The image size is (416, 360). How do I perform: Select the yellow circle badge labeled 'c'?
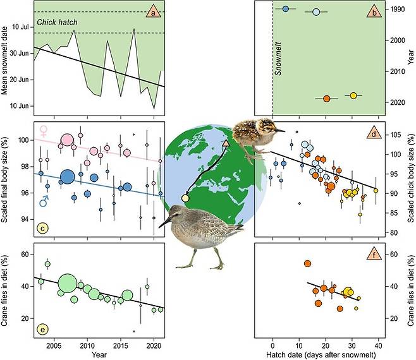(x=44, y=229)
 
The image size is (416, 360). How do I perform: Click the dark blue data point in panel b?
(x=286, y=9)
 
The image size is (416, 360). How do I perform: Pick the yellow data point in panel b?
(x=353, y=95)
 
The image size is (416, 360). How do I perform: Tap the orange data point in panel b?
(x=326, y=99)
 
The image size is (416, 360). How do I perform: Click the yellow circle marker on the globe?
(x=185, y=198)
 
